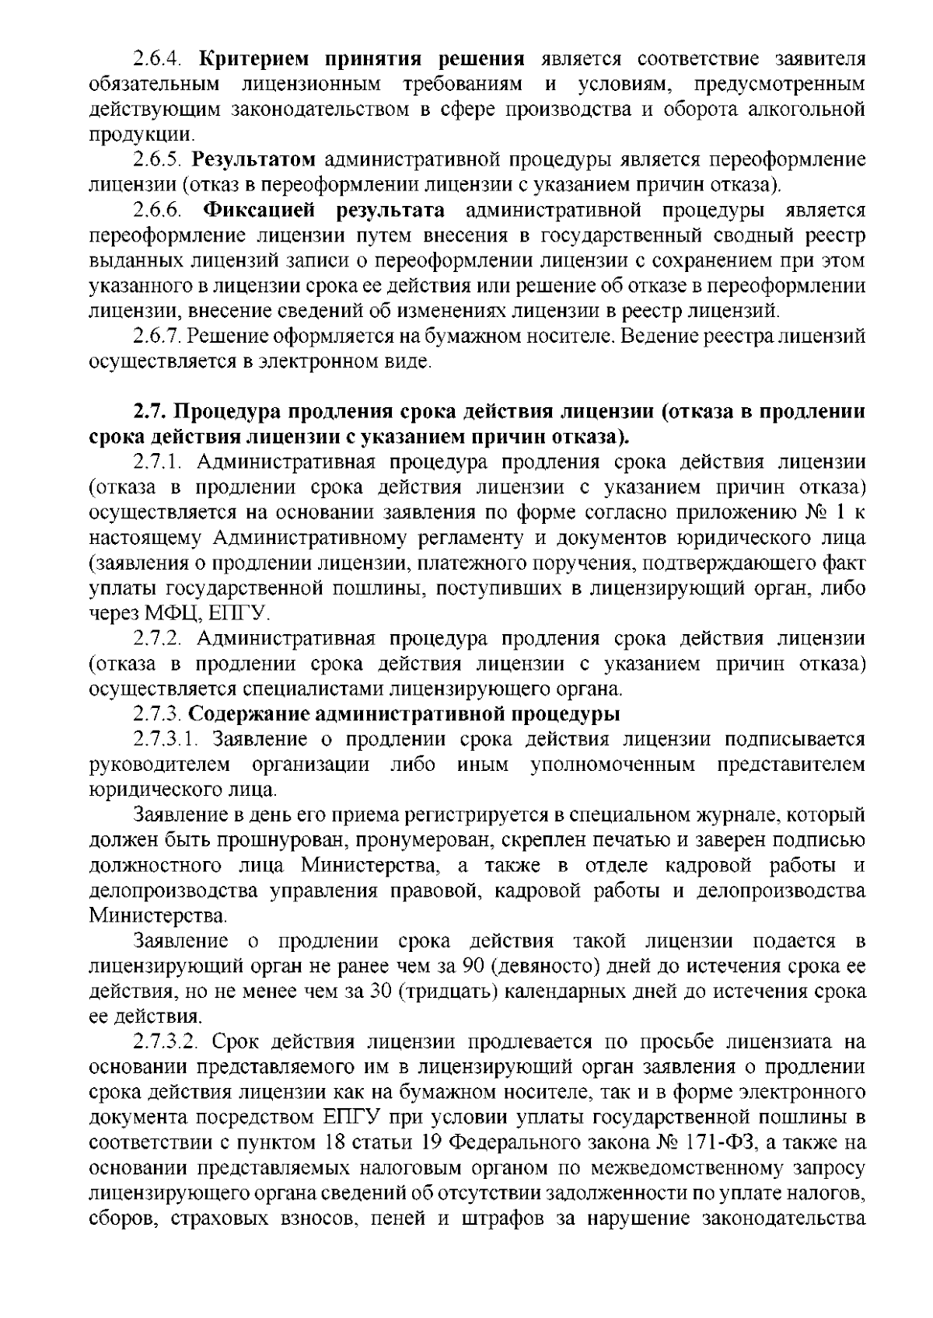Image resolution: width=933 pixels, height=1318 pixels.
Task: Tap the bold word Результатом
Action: point(253,161)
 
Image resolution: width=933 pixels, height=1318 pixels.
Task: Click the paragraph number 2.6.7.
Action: point(157,337)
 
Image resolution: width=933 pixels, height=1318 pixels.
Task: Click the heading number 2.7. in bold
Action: point(149,411)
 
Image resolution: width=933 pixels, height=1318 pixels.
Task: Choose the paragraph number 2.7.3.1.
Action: point(168,739)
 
